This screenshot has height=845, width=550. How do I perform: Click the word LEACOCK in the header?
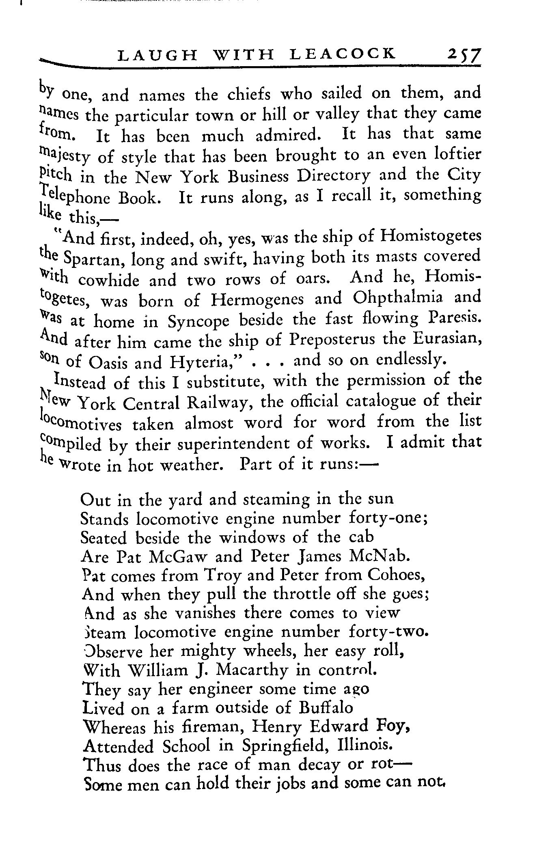(x=343, y=54)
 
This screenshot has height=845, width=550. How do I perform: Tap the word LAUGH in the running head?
(x=152, y=55)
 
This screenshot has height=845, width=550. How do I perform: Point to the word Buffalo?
(x=326, y=708)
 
